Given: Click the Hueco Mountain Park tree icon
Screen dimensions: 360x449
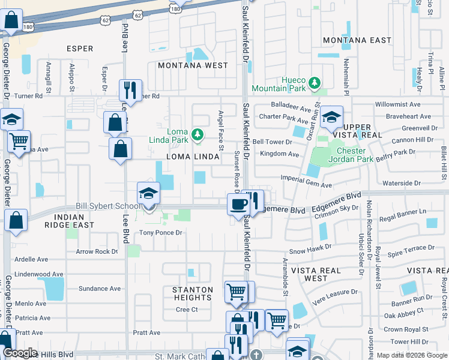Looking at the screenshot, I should coord(313,82).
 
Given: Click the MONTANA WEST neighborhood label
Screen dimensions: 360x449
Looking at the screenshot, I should coord(192,65).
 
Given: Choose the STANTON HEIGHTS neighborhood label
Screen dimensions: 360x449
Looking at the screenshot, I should coord(193,294).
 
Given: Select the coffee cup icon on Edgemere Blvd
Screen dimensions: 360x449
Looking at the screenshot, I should coord(238,205).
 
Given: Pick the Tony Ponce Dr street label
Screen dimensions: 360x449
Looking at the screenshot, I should coord(160,233).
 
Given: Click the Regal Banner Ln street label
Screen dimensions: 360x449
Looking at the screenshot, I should coord(405,212).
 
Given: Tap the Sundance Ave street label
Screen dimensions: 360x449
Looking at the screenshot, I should coord(100,289).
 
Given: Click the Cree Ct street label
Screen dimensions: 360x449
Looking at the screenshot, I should coord(187,310).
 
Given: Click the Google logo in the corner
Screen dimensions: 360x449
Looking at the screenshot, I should coord(20,353).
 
